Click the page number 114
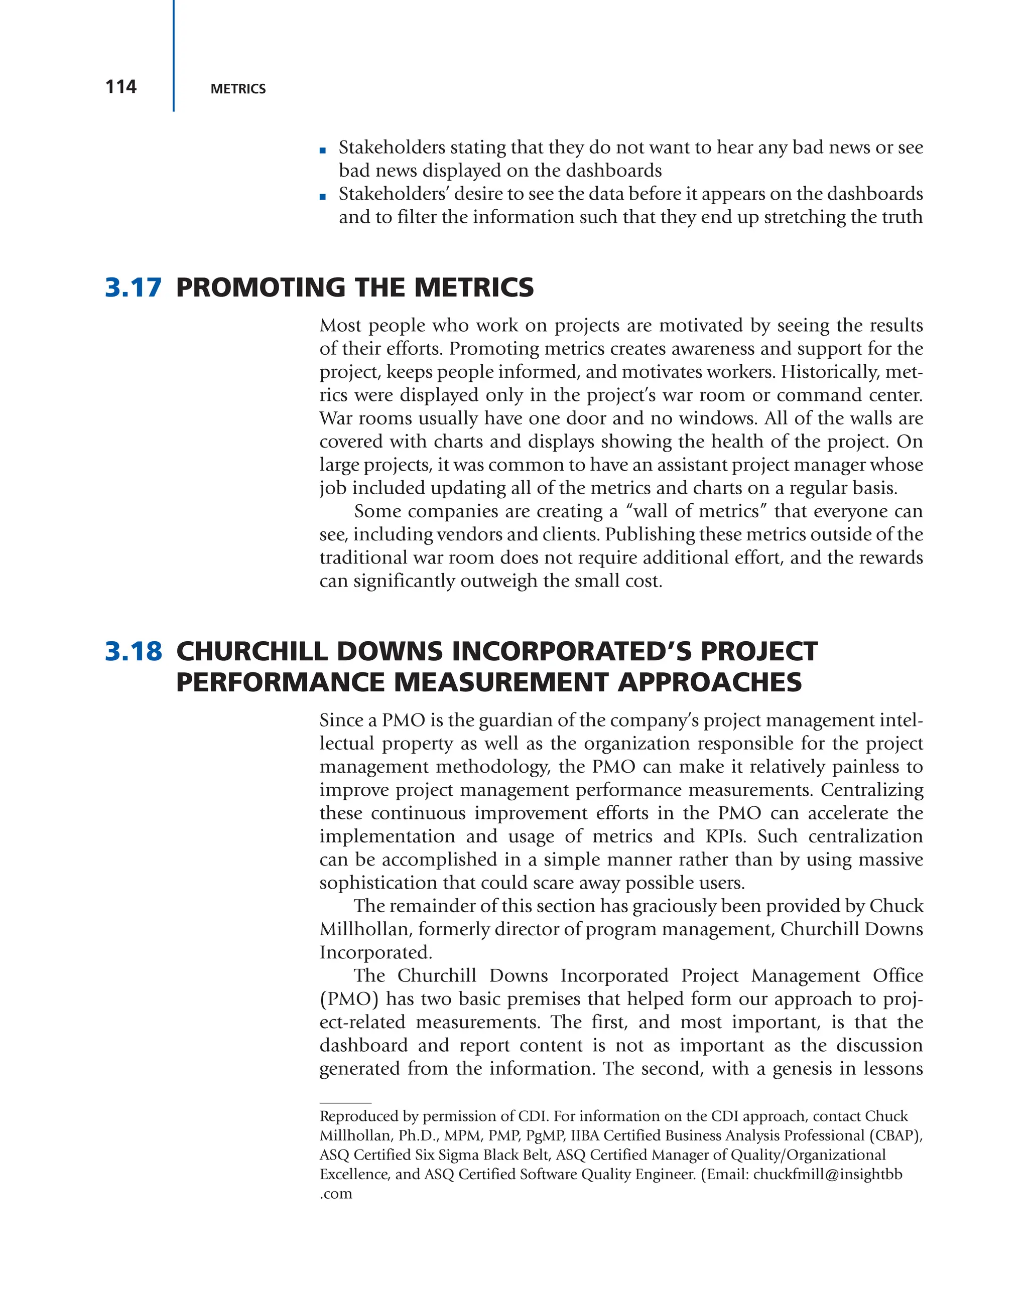[x=121, y=87]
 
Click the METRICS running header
[x=238, y=89]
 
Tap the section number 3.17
[x=133, y=288]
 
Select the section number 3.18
[x=133, y=652]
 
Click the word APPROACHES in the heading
[x=709, y=683]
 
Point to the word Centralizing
[x=871, y=790]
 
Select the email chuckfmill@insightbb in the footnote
[x=827, y=1174]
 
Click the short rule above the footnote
[x=345, y=1103]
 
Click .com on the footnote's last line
[x=335, y=1194]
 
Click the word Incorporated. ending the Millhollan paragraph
[x=375, y=952]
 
